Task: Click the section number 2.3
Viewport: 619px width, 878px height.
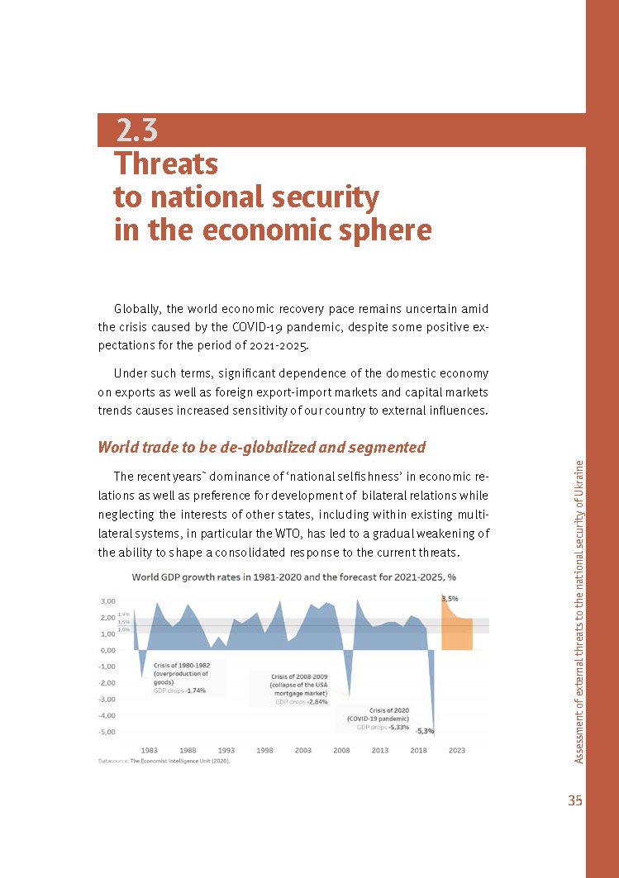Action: point(137,130)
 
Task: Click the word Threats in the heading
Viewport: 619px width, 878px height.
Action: point(166,164)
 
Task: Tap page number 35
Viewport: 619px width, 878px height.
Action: point(574,800)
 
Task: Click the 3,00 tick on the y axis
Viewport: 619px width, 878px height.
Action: point(108,601)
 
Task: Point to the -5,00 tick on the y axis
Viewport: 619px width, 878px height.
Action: point(107,732)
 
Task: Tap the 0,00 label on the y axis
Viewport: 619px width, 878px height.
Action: point(108,650)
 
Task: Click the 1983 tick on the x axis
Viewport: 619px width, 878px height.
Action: point(149,750)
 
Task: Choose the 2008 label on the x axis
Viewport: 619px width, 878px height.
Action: point(341,750)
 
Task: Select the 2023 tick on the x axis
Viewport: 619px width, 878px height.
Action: point(457,750)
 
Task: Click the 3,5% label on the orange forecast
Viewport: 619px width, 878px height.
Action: point(450,599)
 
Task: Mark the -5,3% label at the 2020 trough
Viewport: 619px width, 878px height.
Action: point(425,731)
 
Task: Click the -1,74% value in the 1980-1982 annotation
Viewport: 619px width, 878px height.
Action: point(196,691)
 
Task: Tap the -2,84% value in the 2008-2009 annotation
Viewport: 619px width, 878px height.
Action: point(317,701)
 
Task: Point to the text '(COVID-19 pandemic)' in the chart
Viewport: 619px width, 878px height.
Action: point(379,719)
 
